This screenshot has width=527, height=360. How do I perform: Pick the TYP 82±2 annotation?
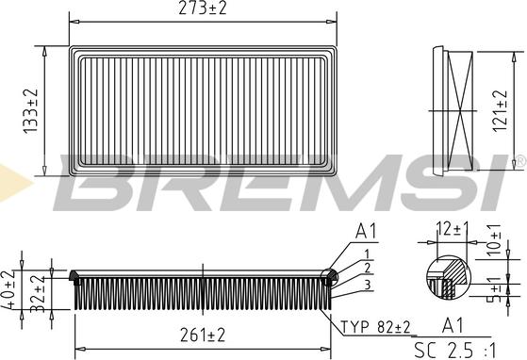pyautogui.click(x=377, y=327)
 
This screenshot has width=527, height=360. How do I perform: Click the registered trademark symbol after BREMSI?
pyautogui.click(x=519, y=163)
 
